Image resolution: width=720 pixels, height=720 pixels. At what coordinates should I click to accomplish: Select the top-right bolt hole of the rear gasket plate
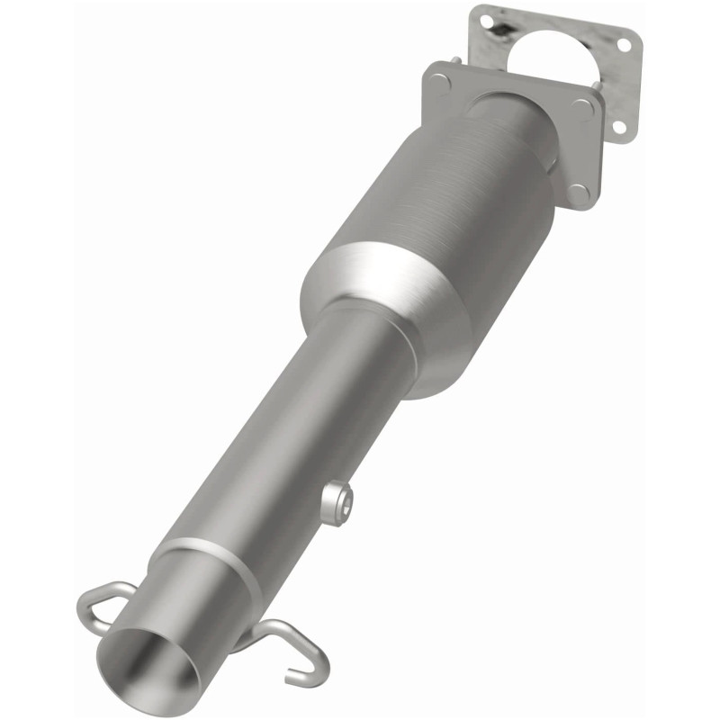click(x=626, y=45)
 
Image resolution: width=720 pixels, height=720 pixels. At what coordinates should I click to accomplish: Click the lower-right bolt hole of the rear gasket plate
click(x=618, y=127)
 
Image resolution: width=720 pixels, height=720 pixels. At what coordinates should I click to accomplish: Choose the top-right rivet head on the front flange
click(x=588, y=106)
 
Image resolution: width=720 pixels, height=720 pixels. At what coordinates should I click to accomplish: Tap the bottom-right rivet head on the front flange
click(x=580, y=190)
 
